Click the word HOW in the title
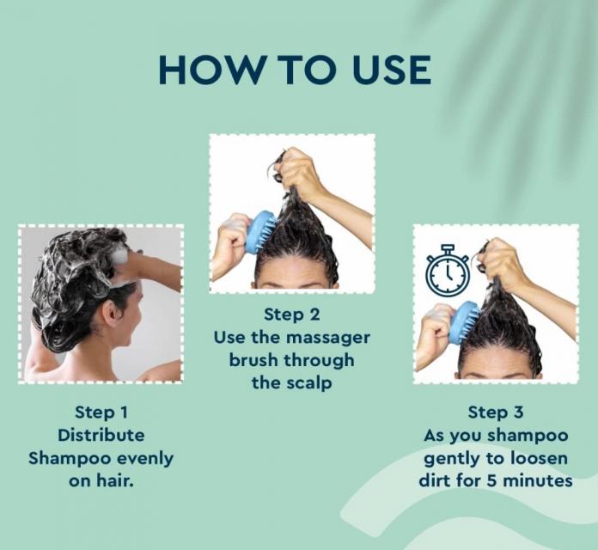[x=208, y=70]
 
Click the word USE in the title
[x=392, y=70]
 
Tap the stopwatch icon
[x=448, y=270]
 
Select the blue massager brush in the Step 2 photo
[x=260, y=231]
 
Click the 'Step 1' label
[x=101, y=412]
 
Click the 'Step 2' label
[x=292, y=315]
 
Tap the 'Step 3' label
[x=496, y=412]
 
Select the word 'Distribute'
[x=101, y=435]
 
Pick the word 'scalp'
[x=309, y=383]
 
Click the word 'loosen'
[x=540, y=458]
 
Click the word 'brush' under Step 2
[x=253, y=360]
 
